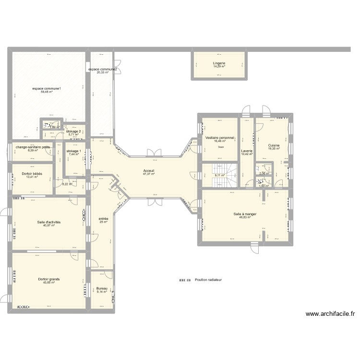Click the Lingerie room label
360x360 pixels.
coord(219,63)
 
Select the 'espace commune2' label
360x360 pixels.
coord(103,70)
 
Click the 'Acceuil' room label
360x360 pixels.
coord(148,170)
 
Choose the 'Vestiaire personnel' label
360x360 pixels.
coord(220,138)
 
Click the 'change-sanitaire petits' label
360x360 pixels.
coord(32,147)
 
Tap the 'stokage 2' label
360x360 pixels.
coord(73,131)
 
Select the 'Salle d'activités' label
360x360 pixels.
coord(48,222)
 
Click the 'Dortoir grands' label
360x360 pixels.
coord(48,278)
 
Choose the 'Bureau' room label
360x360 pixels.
coord(102,288)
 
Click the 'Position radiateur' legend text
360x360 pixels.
coord(208,280)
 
